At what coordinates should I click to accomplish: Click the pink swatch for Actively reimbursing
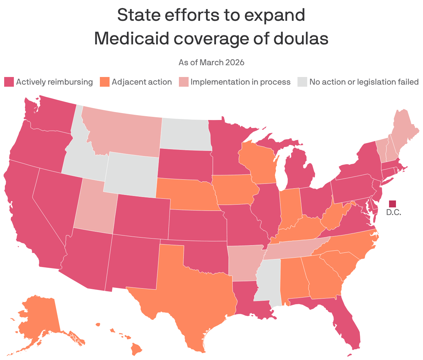pos(9,82)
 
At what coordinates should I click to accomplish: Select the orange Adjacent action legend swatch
pos(105,82)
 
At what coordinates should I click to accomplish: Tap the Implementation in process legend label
pos(240,82)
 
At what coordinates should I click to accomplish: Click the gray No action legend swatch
pos(302,82)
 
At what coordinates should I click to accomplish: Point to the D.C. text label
pos(394,213)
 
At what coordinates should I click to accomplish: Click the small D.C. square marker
pos(392,204)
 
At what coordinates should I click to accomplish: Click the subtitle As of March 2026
pos(211,62)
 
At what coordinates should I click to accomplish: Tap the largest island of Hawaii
pos(137,349)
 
